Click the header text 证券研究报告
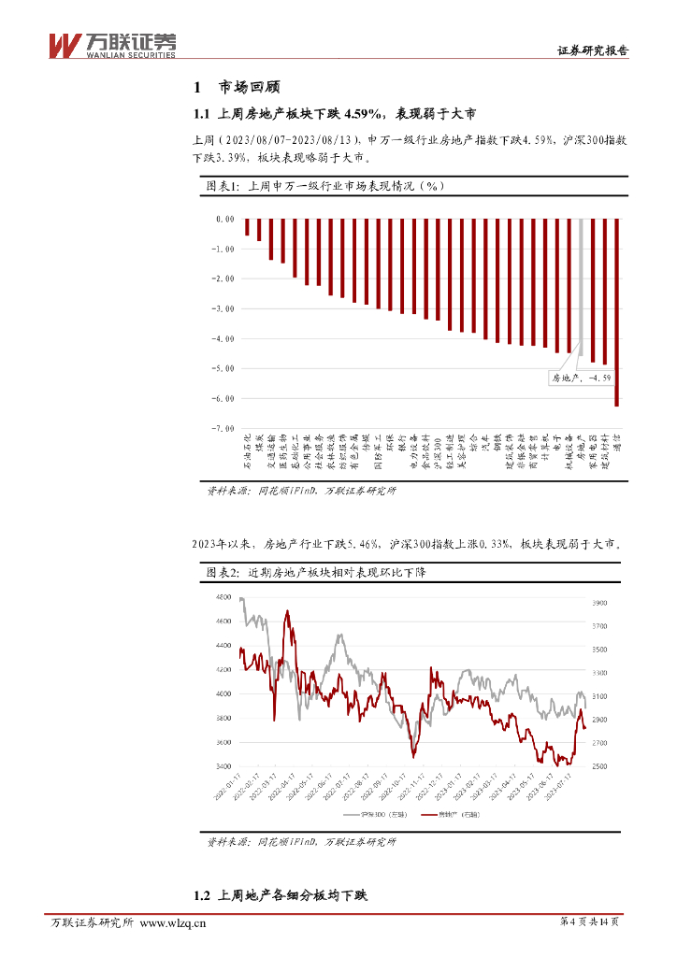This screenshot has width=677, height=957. (592, 51)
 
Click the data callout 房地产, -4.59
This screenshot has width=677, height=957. (581, 378)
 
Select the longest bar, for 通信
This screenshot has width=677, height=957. (616, 312)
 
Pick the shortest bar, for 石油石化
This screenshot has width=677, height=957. (247, 227)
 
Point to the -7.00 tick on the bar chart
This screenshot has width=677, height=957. (223, 428)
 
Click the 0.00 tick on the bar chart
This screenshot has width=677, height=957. (224, 219)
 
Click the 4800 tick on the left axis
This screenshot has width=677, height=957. (223, 597)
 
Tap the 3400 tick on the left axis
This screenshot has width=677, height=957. (223, 766)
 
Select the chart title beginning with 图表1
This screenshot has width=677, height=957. (324, 186)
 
